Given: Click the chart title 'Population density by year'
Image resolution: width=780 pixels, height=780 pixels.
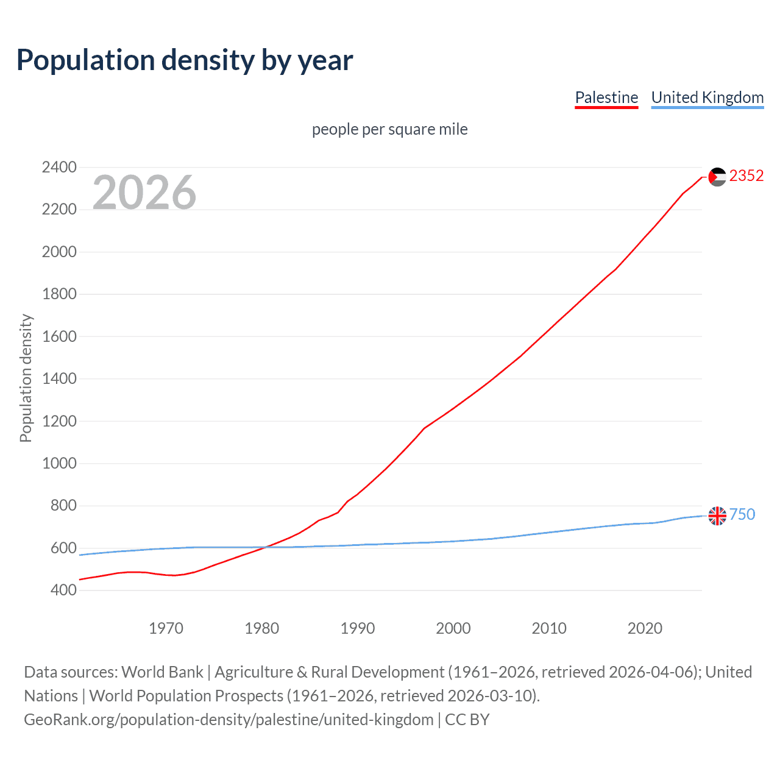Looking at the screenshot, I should click(185, 60).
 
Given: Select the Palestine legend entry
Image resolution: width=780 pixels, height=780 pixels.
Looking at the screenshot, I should click(606, 97).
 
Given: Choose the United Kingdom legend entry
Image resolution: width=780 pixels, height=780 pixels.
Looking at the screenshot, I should click(707, 97).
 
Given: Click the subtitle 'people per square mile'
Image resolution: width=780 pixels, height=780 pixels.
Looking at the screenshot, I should click(389, 129).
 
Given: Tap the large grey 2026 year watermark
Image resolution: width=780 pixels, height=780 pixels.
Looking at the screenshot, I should click(144, 193).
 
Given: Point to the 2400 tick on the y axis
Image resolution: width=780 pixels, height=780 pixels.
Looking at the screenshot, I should click(59, 167).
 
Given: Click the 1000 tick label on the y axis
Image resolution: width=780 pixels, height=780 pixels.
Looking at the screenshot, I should click(59, 463).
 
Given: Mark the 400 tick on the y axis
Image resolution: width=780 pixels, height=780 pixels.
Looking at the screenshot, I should click(59, 590).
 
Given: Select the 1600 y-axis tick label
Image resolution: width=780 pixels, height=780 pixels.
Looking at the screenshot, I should click(59, 336).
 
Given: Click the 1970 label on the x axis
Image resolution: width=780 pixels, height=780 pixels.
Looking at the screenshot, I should click(166, 628).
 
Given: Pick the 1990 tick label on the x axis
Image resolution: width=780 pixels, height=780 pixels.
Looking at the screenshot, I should click(358, 628).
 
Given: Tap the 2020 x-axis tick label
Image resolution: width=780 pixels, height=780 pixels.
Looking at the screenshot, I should click(645, 628).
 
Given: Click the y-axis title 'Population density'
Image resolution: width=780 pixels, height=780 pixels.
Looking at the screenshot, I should click(26, 378).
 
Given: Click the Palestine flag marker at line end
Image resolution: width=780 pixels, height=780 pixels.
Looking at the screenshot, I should click(717, 177).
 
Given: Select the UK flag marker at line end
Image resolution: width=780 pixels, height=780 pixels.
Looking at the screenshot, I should click(717, 516).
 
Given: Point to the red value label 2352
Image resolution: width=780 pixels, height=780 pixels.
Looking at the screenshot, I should click(746, 176).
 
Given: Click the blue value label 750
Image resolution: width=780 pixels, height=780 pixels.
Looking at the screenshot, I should click(742, 515).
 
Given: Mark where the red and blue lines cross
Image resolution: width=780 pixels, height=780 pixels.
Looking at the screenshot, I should click(266, 547).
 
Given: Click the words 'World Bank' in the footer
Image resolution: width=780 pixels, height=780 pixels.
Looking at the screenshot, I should click(162, 672).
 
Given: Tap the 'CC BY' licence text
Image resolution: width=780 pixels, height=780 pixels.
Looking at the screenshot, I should click(467, 720).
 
